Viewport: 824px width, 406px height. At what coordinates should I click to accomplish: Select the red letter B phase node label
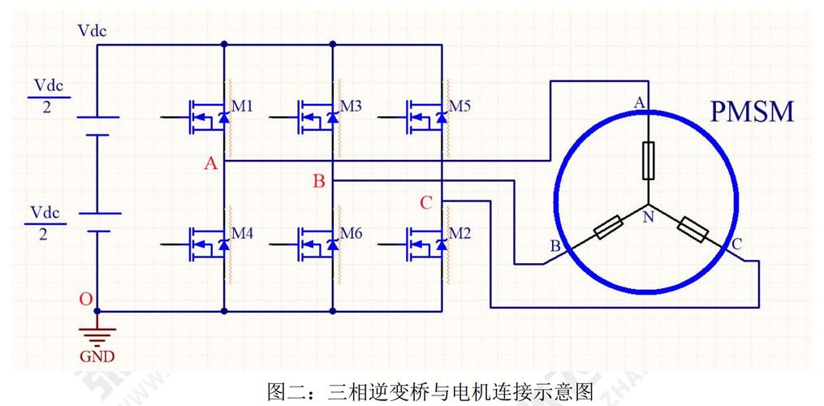click(319, 181)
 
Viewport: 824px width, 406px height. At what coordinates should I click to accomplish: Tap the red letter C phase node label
click(426, 203)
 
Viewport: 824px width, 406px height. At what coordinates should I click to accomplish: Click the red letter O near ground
click(85, 299)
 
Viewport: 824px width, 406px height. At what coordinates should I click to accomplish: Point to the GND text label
click(97, 356)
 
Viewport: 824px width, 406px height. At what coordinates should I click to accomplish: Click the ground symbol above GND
click(97, 335)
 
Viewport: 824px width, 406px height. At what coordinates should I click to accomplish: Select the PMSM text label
click(752, 111)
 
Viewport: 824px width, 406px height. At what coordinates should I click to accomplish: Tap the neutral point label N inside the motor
click(648, 217)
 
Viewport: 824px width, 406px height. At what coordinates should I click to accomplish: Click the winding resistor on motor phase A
click(648, 160)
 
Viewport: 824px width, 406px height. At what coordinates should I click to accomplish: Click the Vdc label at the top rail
click(93, 31)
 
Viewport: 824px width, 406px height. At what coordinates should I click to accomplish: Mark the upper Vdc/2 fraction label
click(46, 96)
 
